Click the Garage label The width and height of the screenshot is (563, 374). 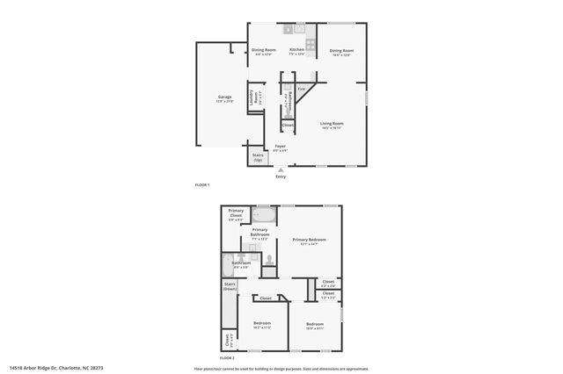[225, 97]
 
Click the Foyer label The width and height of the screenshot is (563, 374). [280, 147]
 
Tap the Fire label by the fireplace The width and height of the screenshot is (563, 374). [301, 89]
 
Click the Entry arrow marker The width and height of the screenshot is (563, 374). [281, 169]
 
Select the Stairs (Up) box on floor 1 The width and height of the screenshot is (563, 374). [258, 158]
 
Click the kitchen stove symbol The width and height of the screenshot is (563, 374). [311, 45]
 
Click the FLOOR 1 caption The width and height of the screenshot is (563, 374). [201, 185]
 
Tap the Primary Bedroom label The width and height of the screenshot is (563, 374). [309, 241]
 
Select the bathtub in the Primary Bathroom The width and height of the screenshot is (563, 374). [264, 215]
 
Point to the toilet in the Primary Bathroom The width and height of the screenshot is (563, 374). [268, 259]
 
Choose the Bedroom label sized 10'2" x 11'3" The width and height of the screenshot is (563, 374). [262, 325]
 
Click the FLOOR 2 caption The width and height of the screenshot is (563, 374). [227, 358]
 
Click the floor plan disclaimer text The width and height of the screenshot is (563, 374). [281, 369]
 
